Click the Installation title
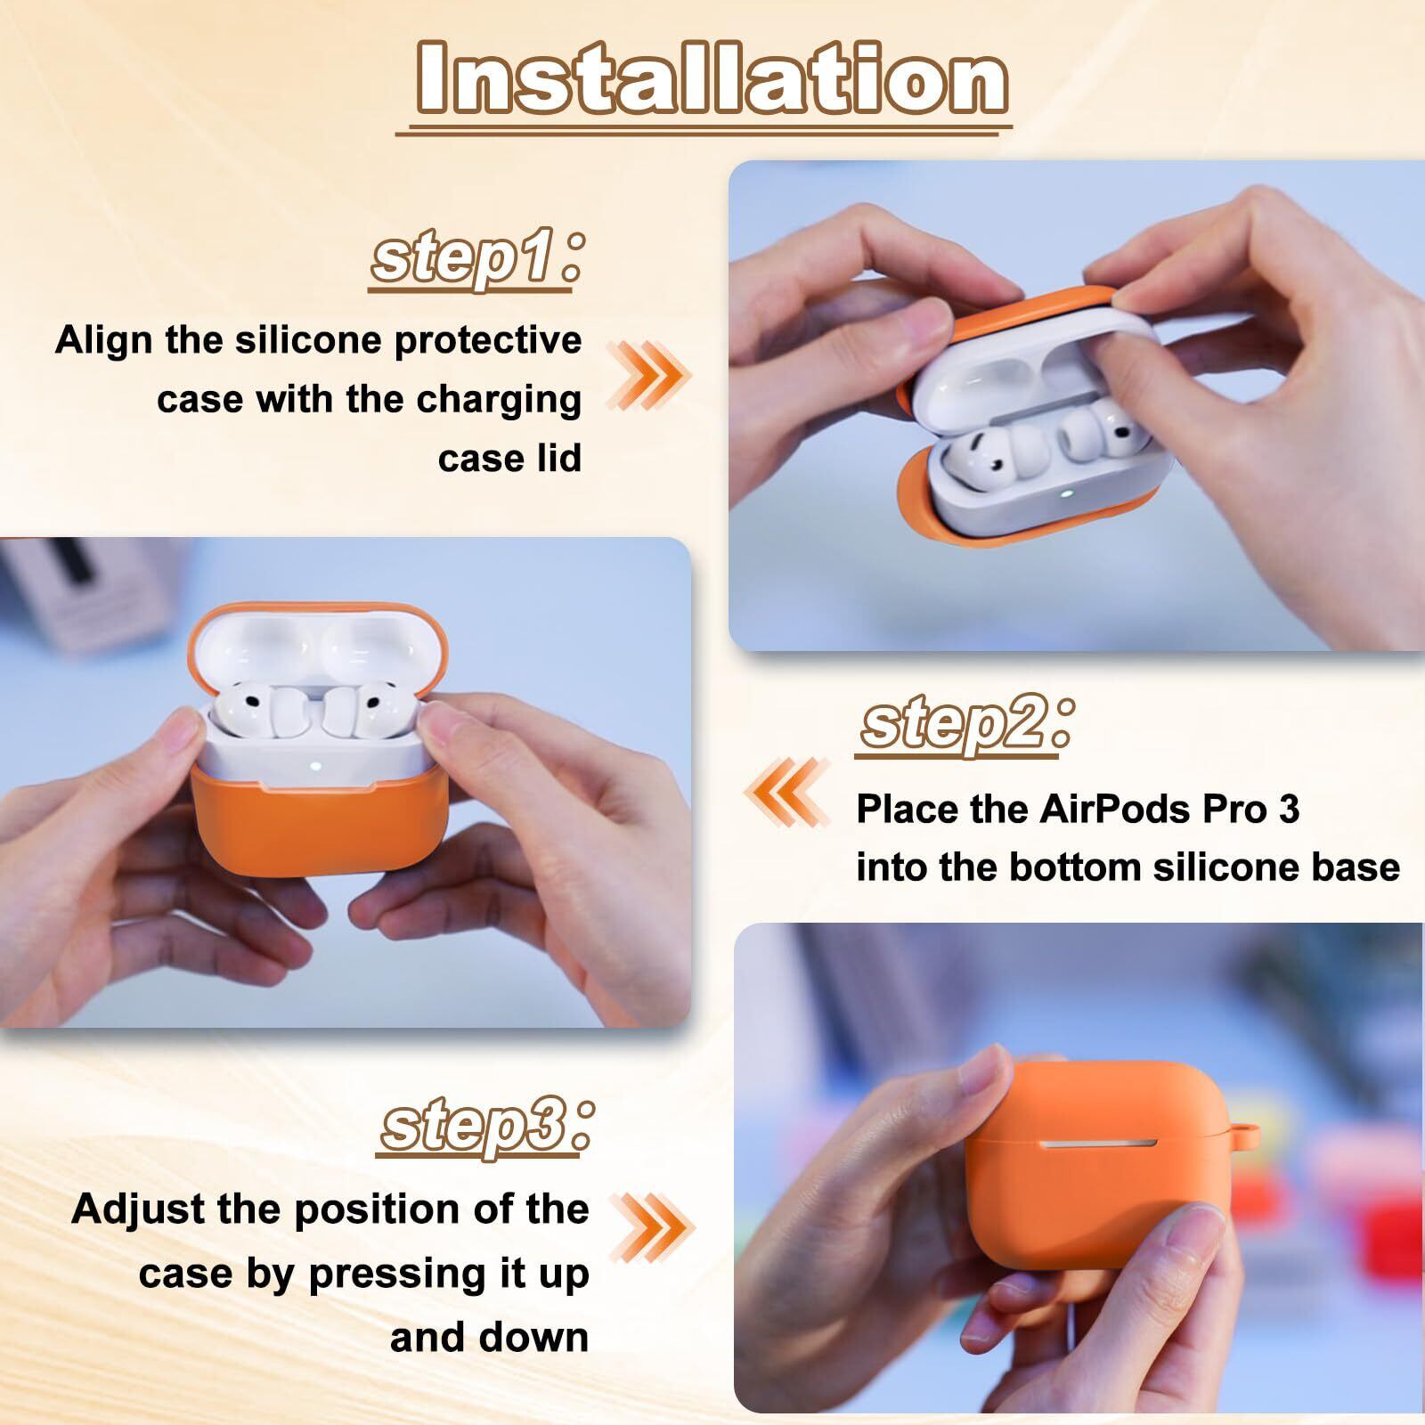coord(712,78)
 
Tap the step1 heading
coord(476,259)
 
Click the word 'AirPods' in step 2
coord(1113,809)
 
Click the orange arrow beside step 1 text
coord(647,375)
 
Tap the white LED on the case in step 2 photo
coord(315,763)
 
